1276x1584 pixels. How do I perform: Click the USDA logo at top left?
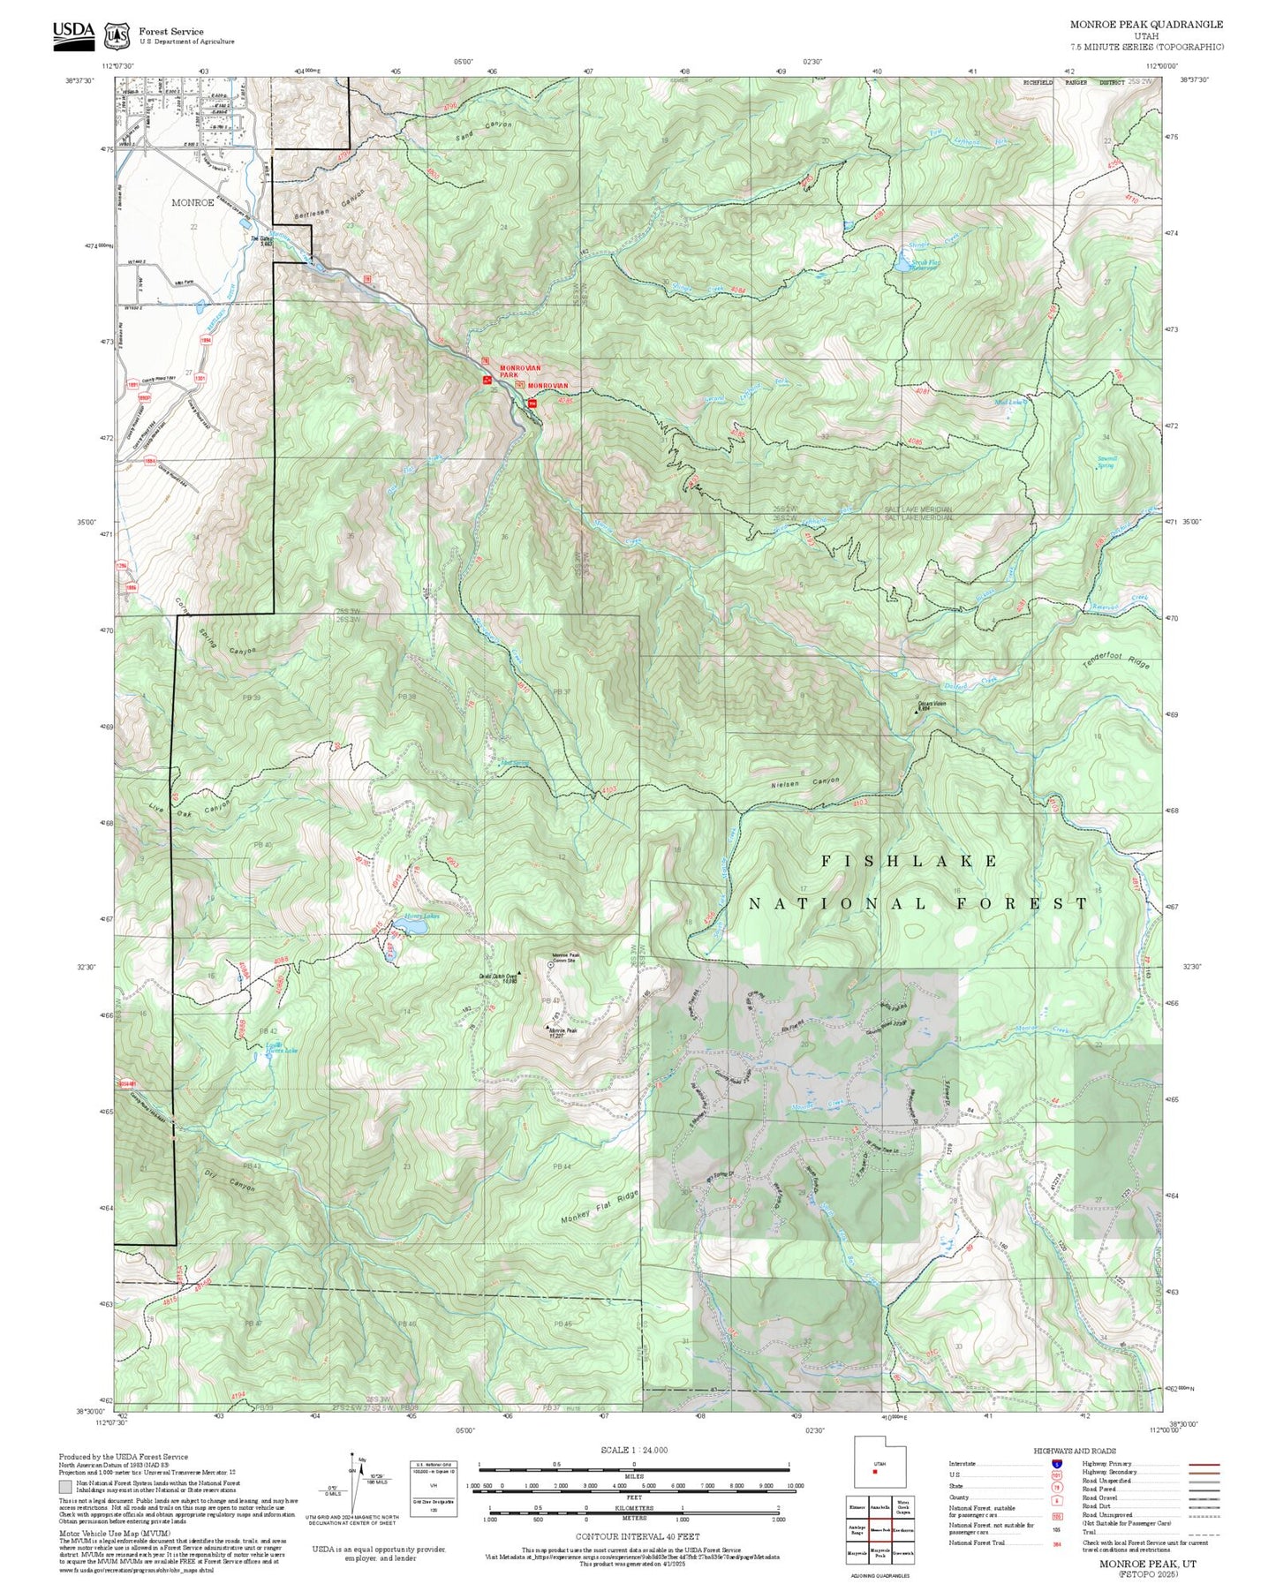(73, 32)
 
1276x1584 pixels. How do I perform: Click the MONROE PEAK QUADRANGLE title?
(1146, 24)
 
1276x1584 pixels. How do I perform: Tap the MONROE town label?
(193, 202)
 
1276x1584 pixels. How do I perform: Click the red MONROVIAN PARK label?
(520, 371)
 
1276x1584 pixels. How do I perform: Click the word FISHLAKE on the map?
(910, 861)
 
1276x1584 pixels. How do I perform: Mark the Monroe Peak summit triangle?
(549, 1027)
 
